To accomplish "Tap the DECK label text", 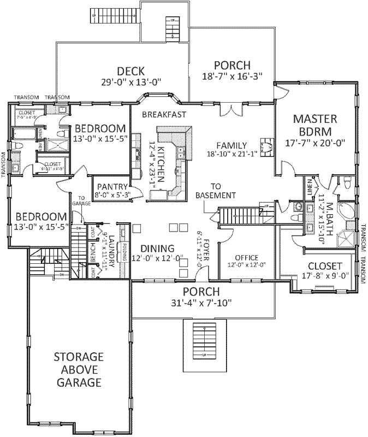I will (x=130, y=71).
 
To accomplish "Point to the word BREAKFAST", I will (x=164, y=114).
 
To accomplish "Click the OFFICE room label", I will (x=246, y=257).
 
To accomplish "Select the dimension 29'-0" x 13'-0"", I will (x=130, y=83).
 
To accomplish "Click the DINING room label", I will (x=157, y=248).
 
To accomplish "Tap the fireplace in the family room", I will (x=266, y=147).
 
